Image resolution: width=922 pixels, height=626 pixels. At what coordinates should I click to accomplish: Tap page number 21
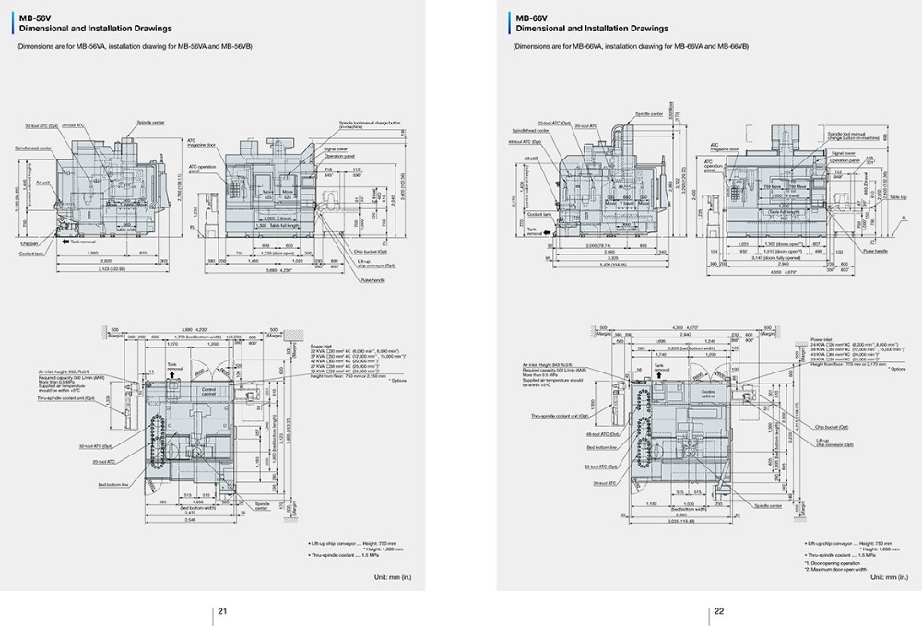click(x=221, y=611)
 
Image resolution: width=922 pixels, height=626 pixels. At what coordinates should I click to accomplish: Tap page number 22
click(x=717, y=611)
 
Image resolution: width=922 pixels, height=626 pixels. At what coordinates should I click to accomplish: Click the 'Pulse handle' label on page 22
click(x=874, y=250)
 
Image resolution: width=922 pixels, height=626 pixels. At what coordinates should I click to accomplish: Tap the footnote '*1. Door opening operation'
click(x=833, y=562)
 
